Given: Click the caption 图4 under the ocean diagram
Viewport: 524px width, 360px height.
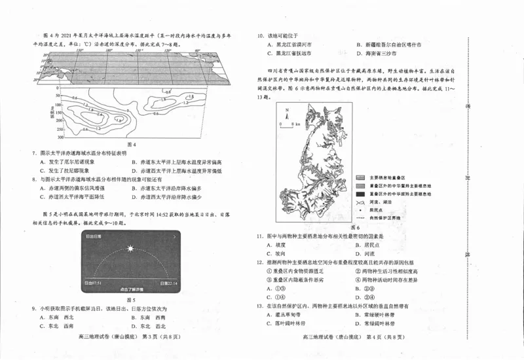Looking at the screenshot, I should click(x=131, y=144).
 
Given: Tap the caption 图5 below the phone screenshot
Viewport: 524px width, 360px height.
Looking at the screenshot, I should click(x=131, y=299).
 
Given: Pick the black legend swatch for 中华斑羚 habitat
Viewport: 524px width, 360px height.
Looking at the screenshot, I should click(x=359, y=194).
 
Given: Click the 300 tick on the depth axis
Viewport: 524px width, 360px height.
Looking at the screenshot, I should click(x=60, y=138).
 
